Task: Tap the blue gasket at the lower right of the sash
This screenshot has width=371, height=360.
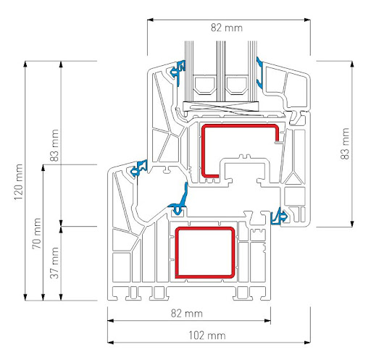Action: [278, 215]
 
